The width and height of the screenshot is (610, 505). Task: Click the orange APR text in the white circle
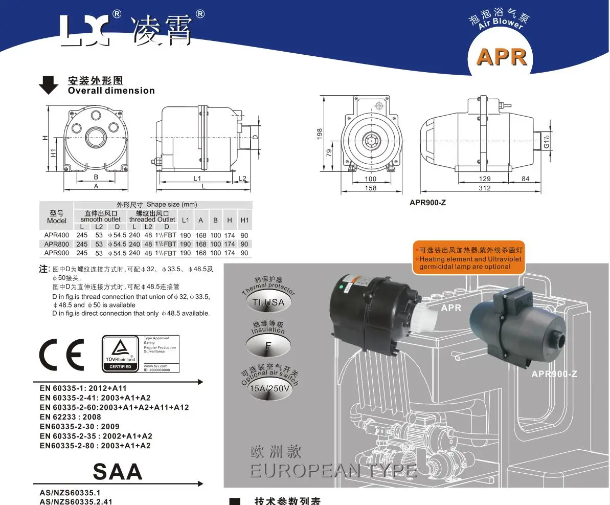click(x=501, y=57)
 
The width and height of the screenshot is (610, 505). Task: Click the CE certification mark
click(x=61, y=354)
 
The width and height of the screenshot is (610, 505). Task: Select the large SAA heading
click(x=118, y=471)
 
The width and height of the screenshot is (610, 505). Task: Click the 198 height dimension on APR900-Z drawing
click(x=320, y=134)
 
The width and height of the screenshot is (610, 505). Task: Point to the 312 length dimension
click(x=484, y=188)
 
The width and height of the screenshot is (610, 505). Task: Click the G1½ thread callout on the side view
click(x=547, y=141)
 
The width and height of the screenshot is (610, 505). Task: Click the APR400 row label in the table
click(x=56, y=235)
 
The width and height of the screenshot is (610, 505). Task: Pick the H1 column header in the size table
click(x=244, y=220)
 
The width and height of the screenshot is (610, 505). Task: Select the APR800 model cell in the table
click(x=56, y=244)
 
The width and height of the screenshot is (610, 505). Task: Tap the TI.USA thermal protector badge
click(x=268, y=302)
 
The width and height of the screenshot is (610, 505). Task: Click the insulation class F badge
click(x=268, y=344)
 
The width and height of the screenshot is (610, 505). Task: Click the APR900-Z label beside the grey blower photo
click(x=554, y=374)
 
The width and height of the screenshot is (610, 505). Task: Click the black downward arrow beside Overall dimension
click(x=49, y=85)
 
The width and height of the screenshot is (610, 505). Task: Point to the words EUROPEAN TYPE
click(x=332, y=470)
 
